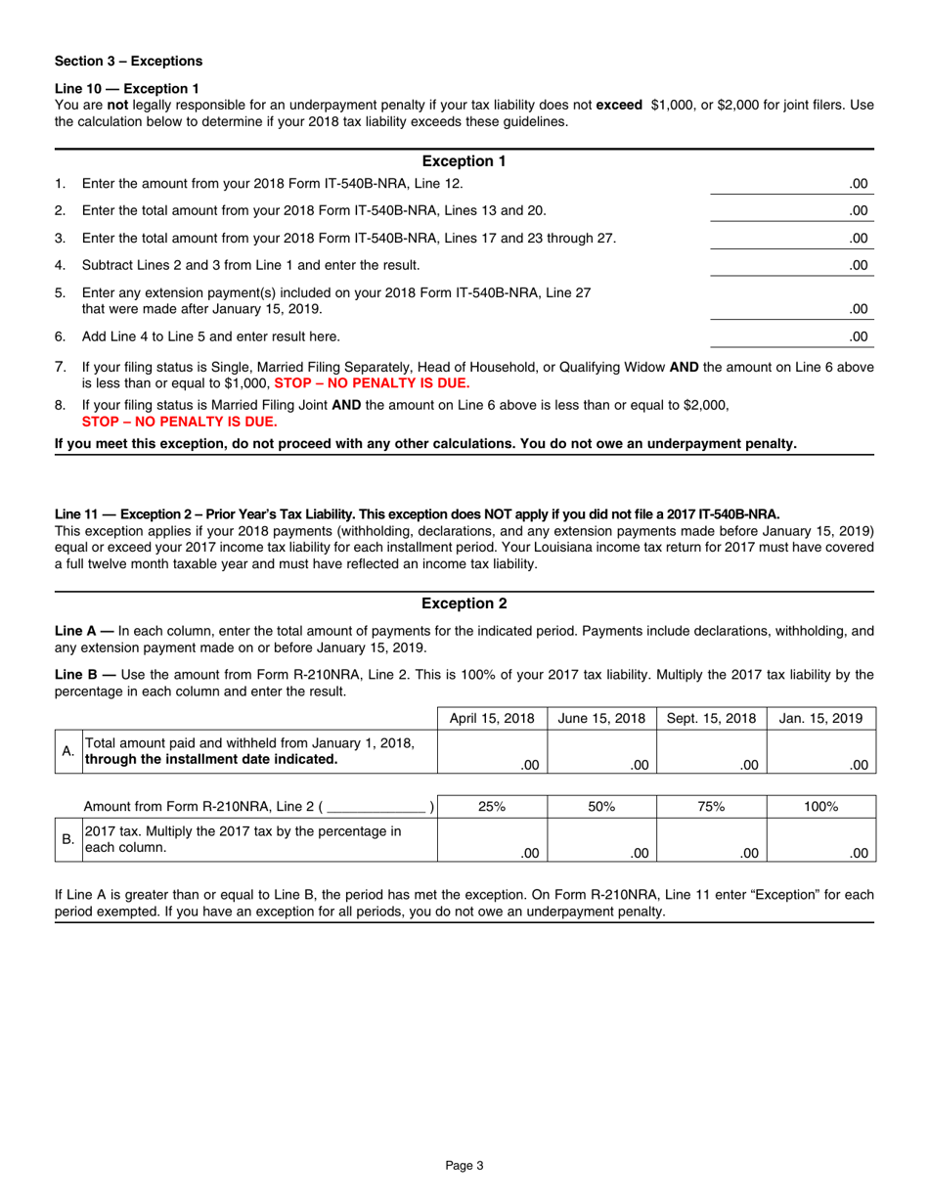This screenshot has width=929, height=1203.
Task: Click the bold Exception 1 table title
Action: pyautogui.click(x=463, y=161)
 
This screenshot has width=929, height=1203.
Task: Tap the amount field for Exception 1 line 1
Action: pyautogui.click(x=790, y=184)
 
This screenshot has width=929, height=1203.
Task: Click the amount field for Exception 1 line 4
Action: pyautogui.click(x=790, y=265)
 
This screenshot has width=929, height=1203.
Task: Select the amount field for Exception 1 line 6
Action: pyautogui.click(x=790, y=336)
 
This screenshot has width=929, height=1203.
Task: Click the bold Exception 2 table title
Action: pyautogui.click(x=463, y=604)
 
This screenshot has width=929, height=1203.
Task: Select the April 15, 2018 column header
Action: pyautogui.click(x=492, y=719)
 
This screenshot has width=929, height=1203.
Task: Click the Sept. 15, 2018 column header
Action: pyautogui.click(x=711, y=719)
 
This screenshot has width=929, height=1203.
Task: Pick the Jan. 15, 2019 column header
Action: pyautogui.click(x=820, y=719)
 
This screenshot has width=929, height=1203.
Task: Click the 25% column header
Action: pyautogui.click(x=492, y=806)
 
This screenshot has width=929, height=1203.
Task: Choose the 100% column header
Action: pyautogui.click(x=820, y=806)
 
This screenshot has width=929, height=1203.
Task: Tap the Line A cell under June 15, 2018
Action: pyautogui.click(x=601, y=753)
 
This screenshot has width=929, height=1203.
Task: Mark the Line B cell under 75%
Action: pyautogui.click(x=711, y=840)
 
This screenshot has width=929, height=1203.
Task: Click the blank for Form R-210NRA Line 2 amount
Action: pyautogui.click(x=379, y=807)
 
